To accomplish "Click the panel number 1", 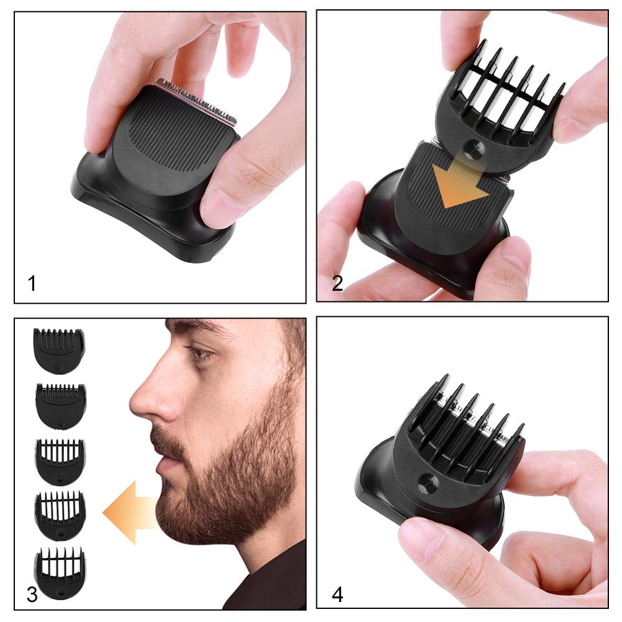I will (x=32, y=283).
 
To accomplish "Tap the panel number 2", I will (x=337, y=283).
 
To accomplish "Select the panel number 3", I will (x=32, y=595).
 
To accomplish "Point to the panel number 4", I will (x=337, y=595).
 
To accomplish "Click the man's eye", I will (x=200, y=354).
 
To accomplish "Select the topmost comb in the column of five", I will (x=59, y=350).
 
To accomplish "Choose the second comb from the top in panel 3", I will (x=60, y=405).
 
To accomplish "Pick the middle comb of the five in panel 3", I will (x=59, y=461).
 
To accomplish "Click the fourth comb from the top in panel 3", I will (x=60, y=515).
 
